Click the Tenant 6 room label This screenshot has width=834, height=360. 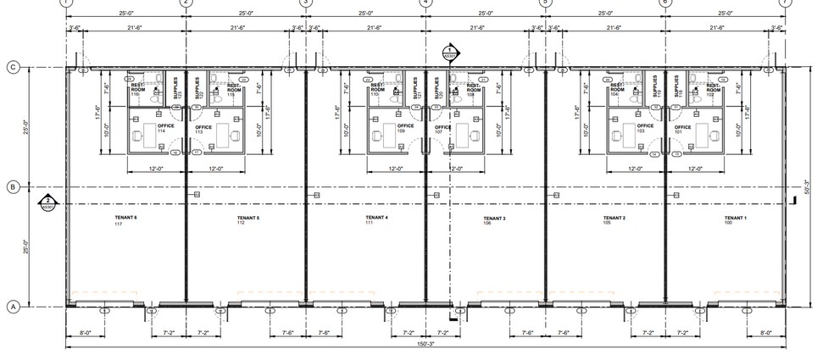tap(125, 219)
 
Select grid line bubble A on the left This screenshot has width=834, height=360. tap(14, 307)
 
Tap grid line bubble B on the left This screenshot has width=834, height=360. tap(14, 186)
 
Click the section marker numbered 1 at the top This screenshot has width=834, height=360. tap(449, 53)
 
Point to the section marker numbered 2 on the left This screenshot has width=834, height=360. tap(48, 202)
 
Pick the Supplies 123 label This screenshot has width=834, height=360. tap(177, 89)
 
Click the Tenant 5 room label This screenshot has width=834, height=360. tap(247, 219)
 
